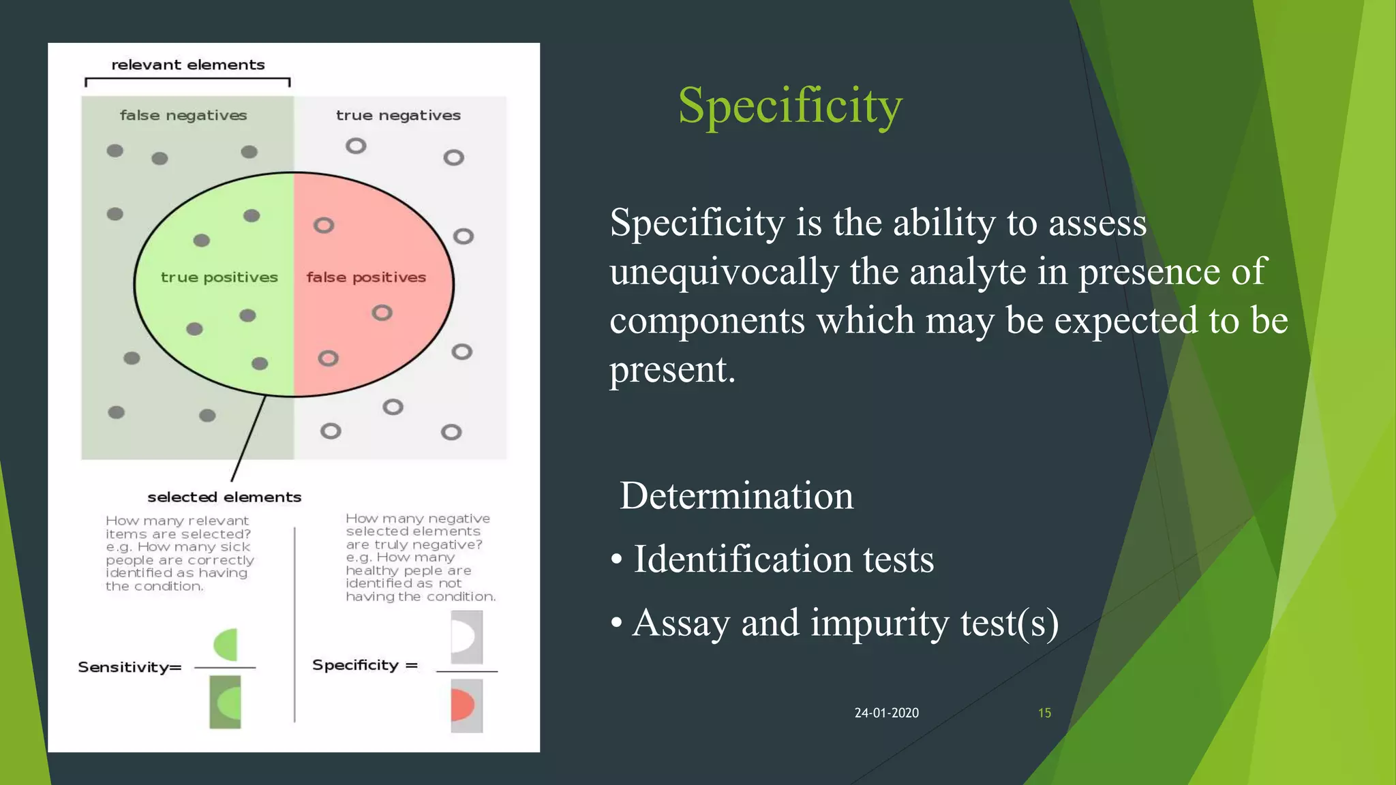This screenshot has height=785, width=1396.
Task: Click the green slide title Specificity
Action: coord(789,106)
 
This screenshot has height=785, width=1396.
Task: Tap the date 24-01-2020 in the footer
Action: coord(886,713)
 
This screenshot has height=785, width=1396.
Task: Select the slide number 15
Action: coord(1044,713)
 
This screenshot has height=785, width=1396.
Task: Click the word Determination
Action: coord(736,495)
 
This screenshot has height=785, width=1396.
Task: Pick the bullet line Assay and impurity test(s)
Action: coord(845,623)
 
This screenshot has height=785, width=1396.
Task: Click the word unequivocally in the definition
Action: coord(724,272)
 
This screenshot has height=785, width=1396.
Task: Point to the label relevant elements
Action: coord(187,65)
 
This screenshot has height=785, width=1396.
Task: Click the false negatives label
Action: coord(183,115)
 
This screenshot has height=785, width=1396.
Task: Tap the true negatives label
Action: coord(398,115)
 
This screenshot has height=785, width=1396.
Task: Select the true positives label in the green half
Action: coord(219,277)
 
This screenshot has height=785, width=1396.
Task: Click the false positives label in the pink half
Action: coord(366,277)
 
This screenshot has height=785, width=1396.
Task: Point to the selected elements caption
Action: coord(224,497)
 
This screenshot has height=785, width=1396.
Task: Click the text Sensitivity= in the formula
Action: coord(130,667)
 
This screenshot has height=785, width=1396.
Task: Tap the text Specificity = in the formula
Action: coord(365,665)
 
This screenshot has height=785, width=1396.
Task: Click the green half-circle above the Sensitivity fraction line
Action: coord(226,645)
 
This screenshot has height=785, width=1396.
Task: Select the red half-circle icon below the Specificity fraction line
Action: coord(463,705)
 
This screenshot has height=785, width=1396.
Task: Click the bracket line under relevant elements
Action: coord(187,79)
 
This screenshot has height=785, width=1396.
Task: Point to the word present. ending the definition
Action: coord(672,370)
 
